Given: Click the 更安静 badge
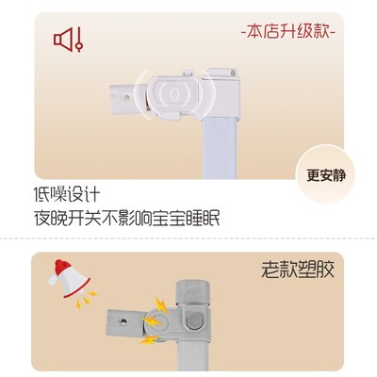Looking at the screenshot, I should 327,175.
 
